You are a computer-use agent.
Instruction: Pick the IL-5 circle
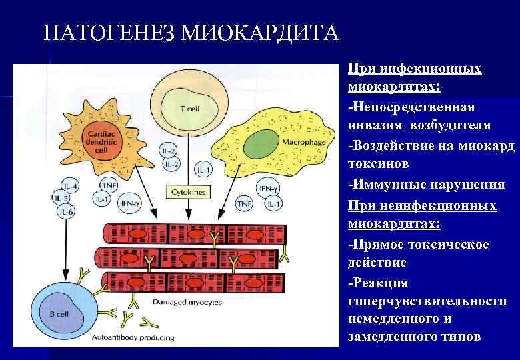[63, 198]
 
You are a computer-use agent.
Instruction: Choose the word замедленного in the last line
[387, 337]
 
